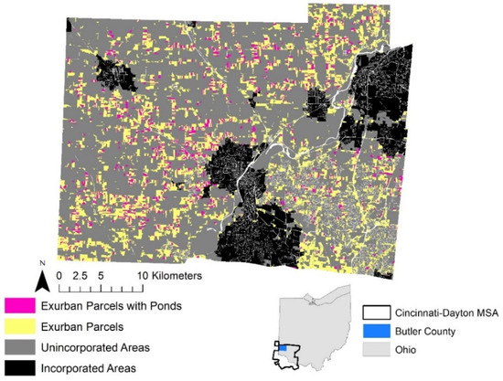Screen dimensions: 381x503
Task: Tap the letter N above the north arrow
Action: point(41,259)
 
